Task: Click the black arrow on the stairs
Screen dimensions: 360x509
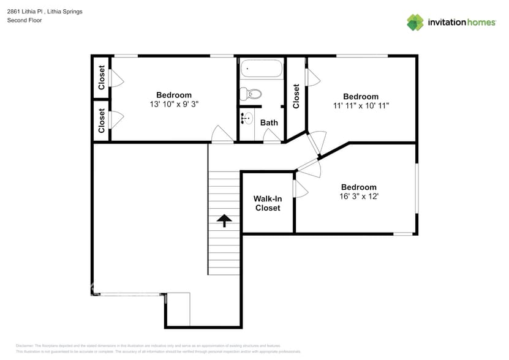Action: (x=224, y=220)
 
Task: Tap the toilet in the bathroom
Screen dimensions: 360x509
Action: (x=251, y=94)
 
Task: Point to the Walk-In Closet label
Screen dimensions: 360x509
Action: (x=268, y=203)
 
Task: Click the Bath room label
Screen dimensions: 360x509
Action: (x=269, y=122)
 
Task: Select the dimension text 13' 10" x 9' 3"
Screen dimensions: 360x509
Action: (x=174, y=104)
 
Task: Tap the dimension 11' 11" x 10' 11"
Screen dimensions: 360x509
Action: (x=360, y=105)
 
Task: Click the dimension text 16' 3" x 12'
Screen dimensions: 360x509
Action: (x=359, y=197)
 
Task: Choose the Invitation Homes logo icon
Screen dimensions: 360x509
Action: (x=415, y=22)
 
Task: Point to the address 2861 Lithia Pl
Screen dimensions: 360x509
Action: (x=28, y=12)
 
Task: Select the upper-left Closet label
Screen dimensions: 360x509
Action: (x=102, y=78)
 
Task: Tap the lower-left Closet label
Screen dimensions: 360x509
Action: (x=102, y=121)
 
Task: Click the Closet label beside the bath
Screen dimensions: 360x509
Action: (x=296, y=96)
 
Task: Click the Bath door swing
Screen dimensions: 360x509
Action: (x=271, y=136)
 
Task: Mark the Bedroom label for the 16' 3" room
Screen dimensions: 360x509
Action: (x=359, y=187)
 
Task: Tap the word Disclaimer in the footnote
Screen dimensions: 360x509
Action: (x=25, y=346)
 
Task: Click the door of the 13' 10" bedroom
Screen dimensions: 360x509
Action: (x=221, y=135)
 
